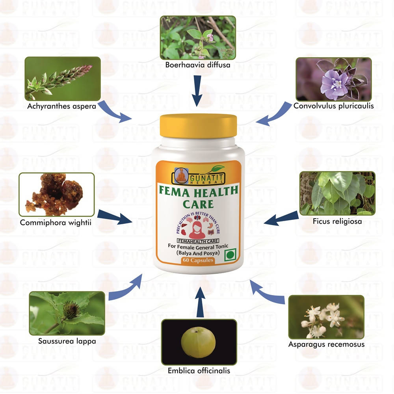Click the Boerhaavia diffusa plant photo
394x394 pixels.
pos(198,38)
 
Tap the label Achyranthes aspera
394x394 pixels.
pos(61,106)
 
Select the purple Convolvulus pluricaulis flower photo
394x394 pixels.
pos(334,80)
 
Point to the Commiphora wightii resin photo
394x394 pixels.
pos(56,195)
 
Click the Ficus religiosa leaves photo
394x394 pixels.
pos(338,193)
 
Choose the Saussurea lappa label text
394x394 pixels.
pos(67,341)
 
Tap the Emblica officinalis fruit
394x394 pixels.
pos(198,342)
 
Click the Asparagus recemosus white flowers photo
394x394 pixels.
pos(326,317)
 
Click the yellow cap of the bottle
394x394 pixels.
pos(199,126)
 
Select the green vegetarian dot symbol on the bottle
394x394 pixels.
pos(230,255)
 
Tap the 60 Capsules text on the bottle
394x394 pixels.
pos(198,260)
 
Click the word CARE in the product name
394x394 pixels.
pos(198,204)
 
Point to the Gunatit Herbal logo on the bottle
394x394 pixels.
pos(198,176)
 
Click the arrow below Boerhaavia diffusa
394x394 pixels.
pos(197,91)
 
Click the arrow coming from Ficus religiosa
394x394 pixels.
pos(281,218)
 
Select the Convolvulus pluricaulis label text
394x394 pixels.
pos(334,106)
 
